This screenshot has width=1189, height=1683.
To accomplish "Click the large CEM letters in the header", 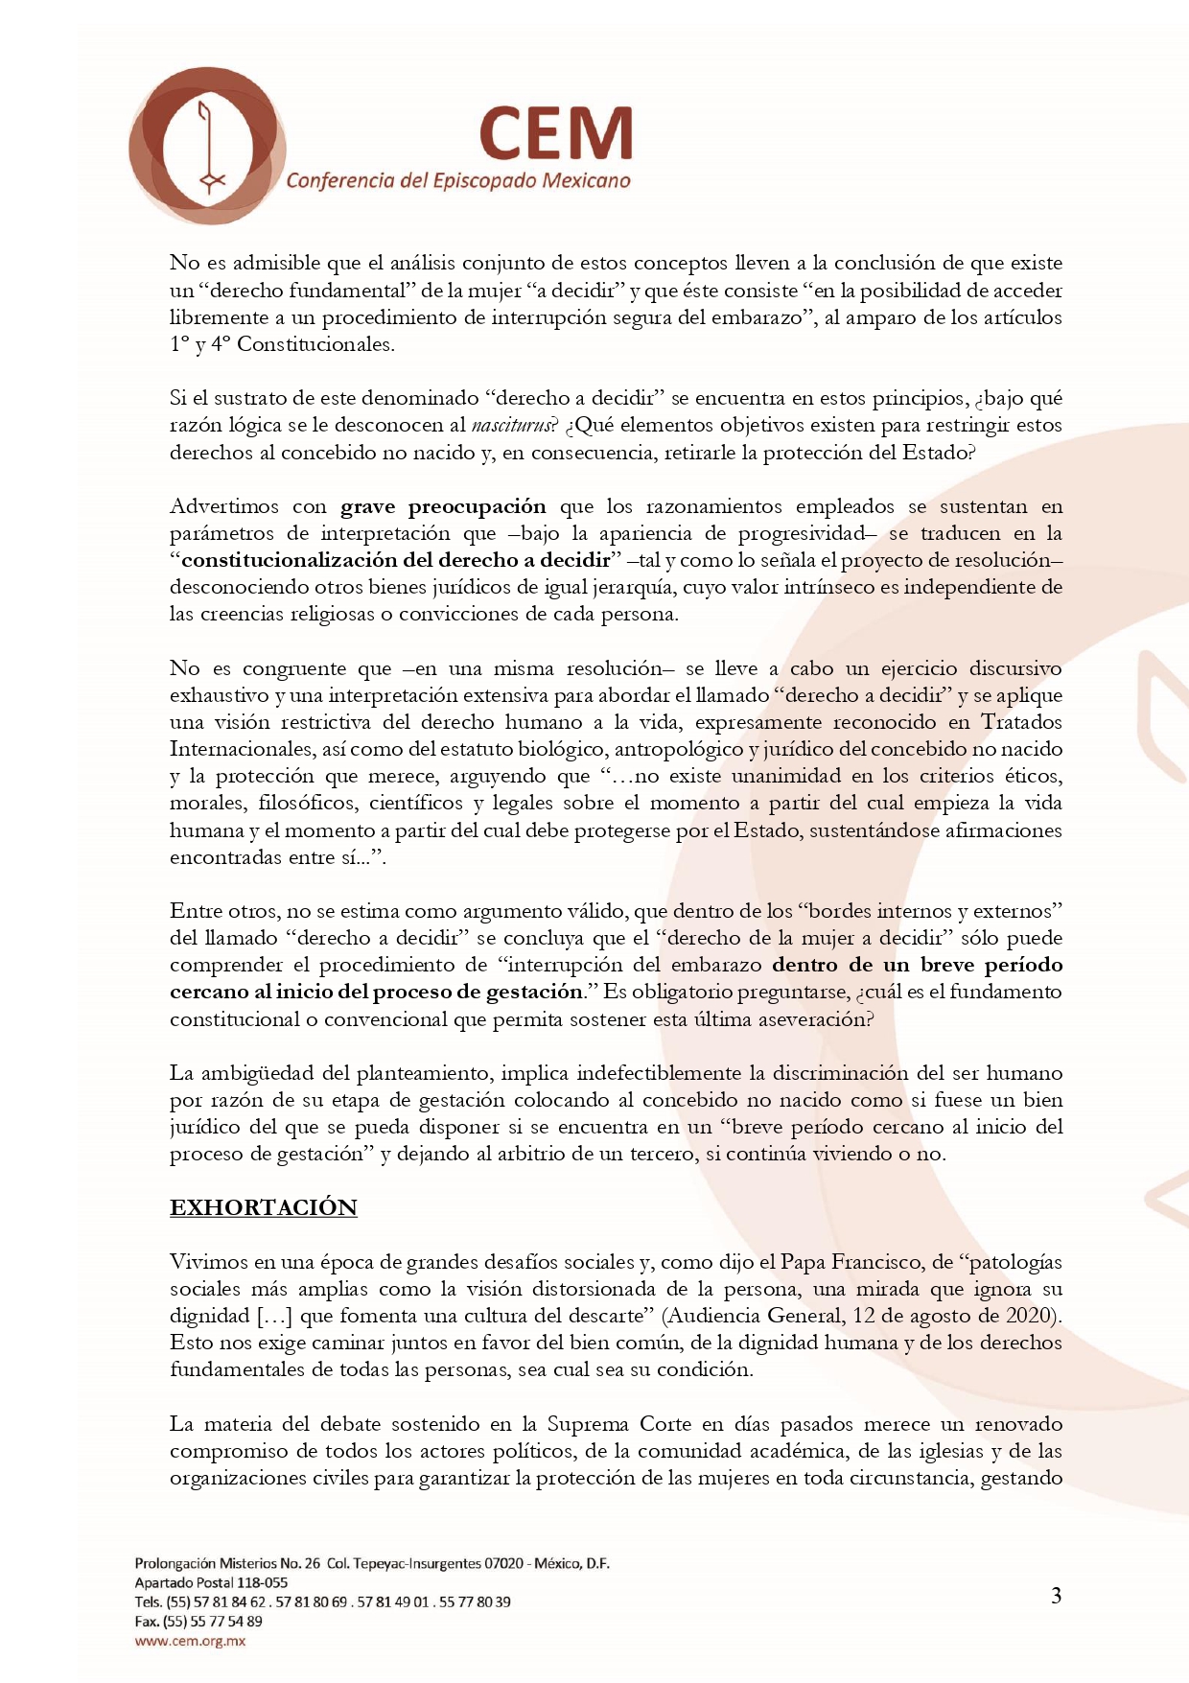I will (x=556, y=134).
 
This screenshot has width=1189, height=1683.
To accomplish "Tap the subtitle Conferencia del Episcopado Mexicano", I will (x=458, y=180).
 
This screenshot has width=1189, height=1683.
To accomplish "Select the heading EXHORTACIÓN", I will (x=264, y=1207).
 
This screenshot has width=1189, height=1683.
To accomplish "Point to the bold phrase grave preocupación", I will (x=443, y=506).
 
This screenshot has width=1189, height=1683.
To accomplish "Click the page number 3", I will (x=1056, y=1596).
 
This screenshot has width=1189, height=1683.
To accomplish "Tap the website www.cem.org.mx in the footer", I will (x=190, y=1641).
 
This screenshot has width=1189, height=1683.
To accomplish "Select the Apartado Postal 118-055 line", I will (x=211, y=1582).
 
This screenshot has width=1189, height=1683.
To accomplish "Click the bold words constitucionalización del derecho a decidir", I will (x=396, y=560).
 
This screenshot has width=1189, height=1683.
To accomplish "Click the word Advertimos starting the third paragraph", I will (x=223, y=506).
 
